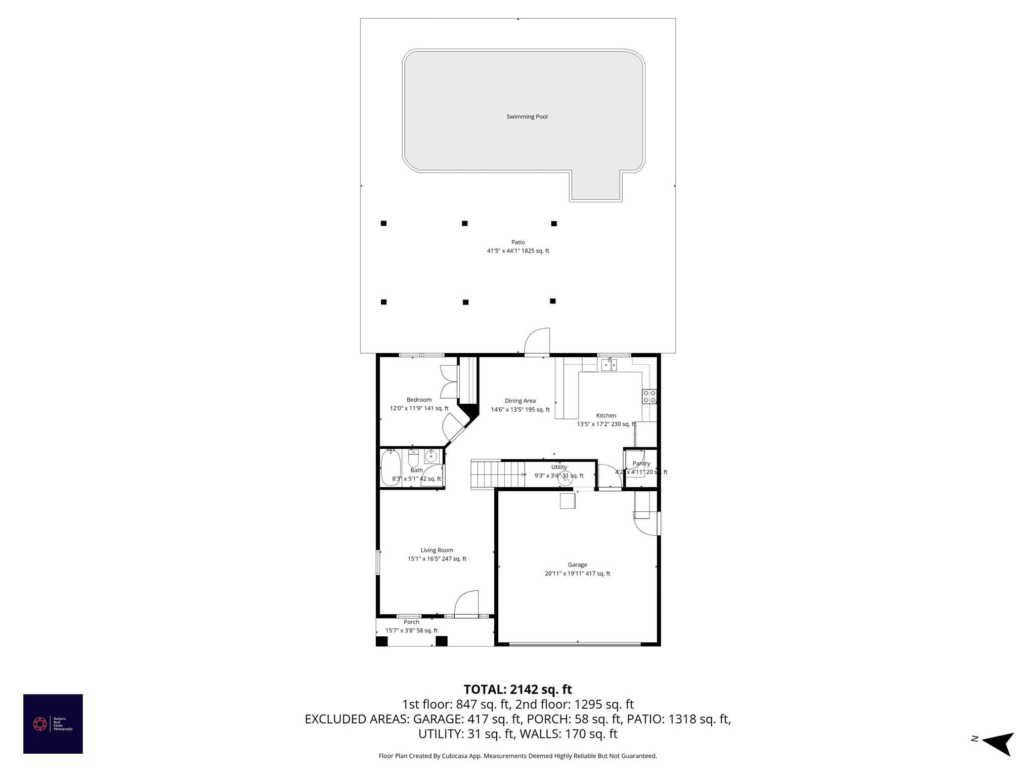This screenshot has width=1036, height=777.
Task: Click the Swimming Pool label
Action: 527,117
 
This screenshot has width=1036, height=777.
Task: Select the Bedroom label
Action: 419,400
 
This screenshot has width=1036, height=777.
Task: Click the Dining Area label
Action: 520,401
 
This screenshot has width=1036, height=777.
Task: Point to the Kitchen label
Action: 606,416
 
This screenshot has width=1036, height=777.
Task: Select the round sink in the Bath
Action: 430,456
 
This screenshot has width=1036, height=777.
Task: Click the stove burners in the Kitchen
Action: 649,397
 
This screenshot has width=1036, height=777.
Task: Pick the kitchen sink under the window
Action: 609,365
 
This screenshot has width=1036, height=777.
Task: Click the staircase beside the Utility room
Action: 486,474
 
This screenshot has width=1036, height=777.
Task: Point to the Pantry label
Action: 641,463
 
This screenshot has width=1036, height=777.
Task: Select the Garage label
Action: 577,565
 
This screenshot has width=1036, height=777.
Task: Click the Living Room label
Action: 437,550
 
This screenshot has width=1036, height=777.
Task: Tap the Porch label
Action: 411,622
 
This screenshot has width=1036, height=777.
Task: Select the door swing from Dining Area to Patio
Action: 537,342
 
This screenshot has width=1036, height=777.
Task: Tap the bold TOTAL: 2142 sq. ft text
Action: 517,689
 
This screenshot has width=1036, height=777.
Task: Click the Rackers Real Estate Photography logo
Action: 53,724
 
